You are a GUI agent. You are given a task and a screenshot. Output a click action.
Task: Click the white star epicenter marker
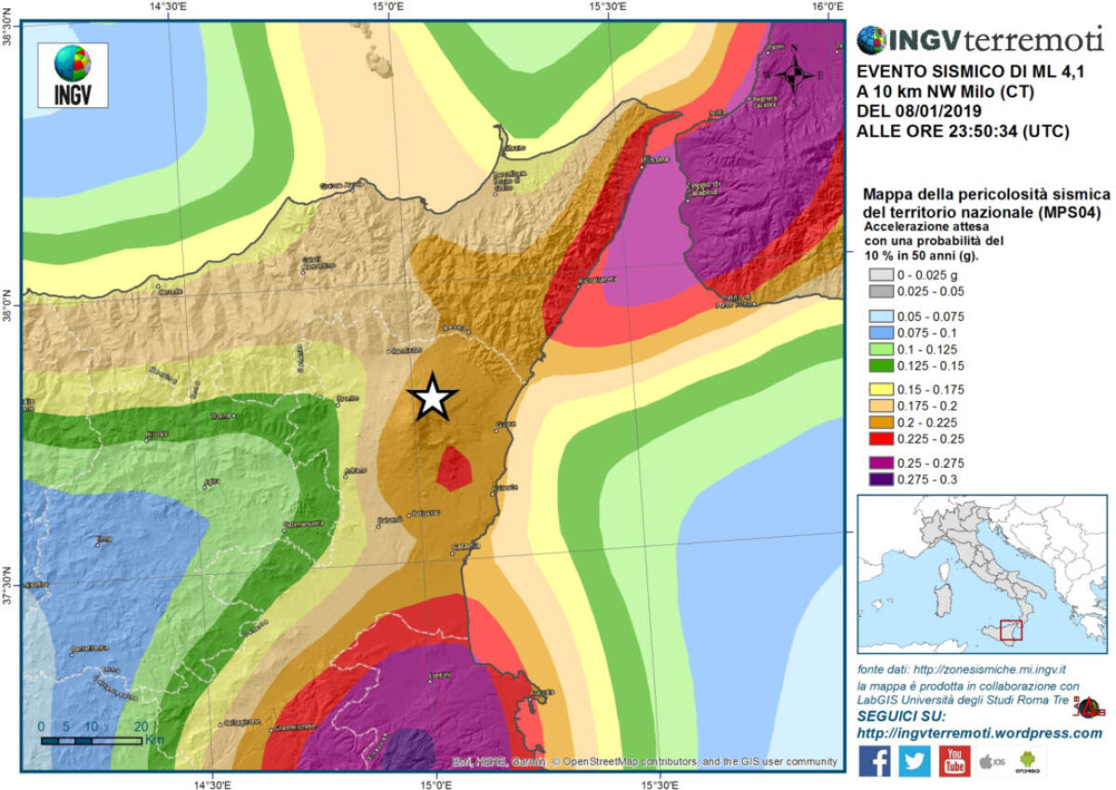pos(432,397)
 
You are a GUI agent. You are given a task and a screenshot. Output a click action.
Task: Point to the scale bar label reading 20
pos(141,726)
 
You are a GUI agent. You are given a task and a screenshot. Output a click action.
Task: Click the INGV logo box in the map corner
pos(73,74)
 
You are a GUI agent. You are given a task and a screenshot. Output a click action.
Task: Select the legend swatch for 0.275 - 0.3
pos(880,479)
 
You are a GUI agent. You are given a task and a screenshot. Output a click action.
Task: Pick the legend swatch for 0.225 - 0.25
pos(880,439)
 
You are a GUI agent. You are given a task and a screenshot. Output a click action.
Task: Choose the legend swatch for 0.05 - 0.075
pos(880,315)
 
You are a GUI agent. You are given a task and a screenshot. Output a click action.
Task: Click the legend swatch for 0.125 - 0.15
pos(880,366)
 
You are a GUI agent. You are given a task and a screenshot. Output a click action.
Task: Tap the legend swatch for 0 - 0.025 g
pos(880,274)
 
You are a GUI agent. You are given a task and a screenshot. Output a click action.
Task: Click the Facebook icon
pos(873,760)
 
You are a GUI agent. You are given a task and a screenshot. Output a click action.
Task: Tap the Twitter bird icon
pos(914,760)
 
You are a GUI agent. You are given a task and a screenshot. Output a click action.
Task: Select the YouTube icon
pos(954,760)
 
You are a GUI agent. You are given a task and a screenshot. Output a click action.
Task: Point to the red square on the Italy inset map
pos(1010,629)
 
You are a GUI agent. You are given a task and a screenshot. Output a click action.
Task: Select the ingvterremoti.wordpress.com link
pos(979,733)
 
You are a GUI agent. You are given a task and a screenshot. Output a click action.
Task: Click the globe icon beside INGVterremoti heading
pos(871,40)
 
